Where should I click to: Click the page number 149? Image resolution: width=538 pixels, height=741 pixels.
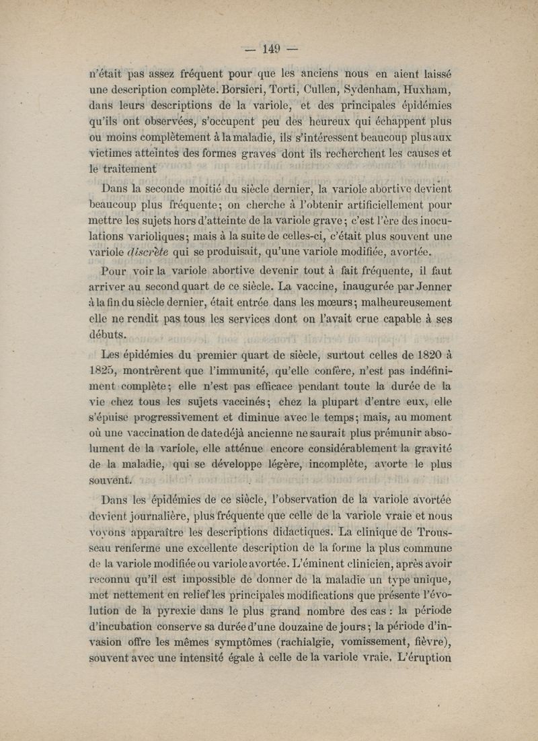point(271,48)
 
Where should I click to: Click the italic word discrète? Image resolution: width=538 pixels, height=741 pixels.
point(148,252)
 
